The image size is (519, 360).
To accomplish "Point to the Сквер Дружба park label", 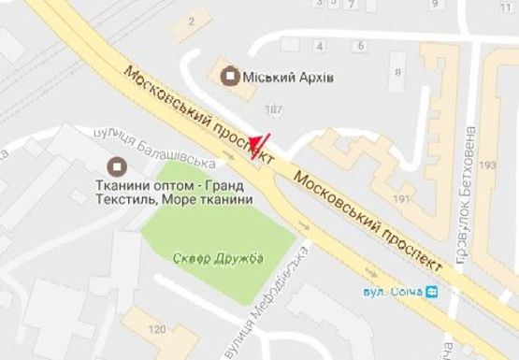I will (219, 257).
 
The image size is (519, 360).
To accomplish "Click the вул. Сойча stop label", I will (393, 292).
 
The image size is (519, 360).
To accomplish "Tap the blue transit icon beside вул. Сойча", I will (431, 292).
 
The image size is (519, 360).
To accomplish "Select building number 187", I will (273, 110).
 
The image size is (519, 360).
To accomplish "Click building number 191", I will (402, 199).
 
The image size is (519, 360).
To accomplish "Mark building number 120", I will (157, 329).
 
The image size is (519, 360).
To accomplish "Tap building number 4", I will (320, 44).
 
